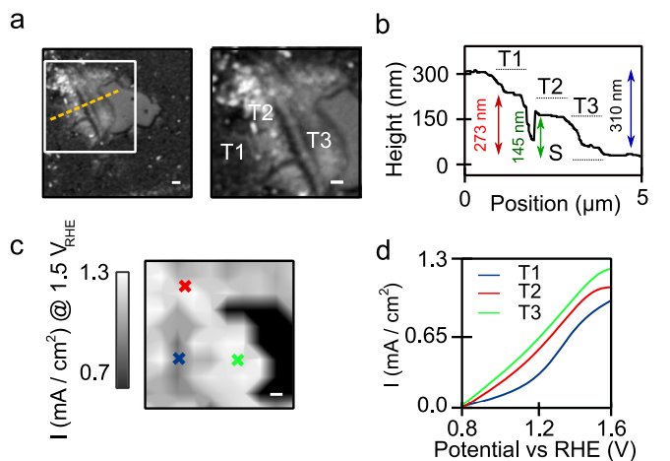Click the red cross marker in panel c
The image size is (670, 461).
(x=185, y=287)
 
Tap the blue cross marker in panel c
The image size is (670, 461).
(x=178, y=360)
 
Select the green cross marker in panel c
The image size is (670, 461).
(x=236, y=361)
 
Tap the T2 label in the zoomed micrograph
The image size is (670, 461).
(x=260, y=112)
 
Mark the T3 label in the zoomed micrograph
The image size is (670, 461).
(x=318, y=140)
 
